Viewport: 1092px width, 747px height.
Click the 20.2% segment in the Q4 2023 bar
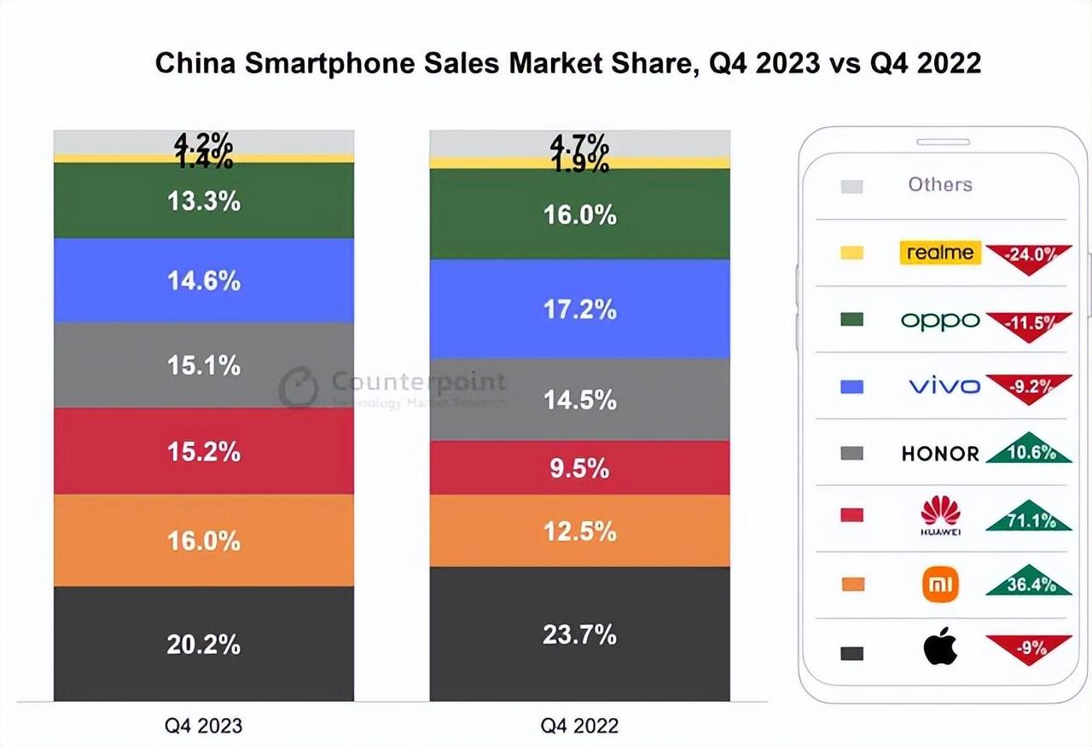pyautogui.click(x=203, y=644)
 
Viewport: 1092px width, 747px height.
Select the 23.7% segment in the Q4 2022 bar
pyautogui.click(x=579, y=634)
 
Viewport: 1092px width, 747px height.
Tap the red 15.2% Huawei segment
pyautogui.click(x=203, y=451)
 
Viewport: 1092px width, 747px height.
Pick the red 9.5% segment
pyautogui.click(x=579, y=467)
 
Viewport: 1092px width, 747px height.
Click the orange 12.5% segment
pyautogui.click(x=579, y=530)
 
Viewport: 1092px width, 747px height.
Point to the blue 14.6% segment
pyautogui.click(x=203, y=280)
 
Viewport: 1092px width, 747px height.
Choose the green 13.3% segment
pyautogui.click(x=203, y=200)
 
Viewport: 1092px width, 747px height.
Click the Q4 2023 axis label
pyautogui.click(x=203, y=726)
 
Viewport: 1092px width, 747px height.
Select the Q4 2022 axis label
pyautogui.click(x=579, y=726)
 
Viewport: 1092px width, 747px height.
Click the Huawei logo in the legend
pyautogui.click(x=940, y=514)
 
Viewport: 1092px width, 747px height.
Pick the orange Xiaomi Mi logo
pyautogui.click(x=940, y=584)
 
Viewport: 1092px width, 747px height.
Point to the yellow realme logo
pyautogui.click(x=940, y=252)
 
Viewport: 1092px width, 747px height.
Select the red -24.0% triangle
pyautogui.click(x=1029, y=257)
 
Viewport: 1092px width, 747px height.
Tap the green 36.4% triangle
pyautogui.click(x=1029, y=582)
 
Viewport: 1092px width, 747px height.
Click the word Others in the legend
pyautogui.click(x=940, y=184)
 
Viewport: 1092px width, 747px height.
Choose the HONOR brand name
pyautogui.click(x=940, y=454)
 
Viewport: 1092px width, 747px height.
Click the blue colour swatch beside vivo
pyautogui.click(x=851, y=386)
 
